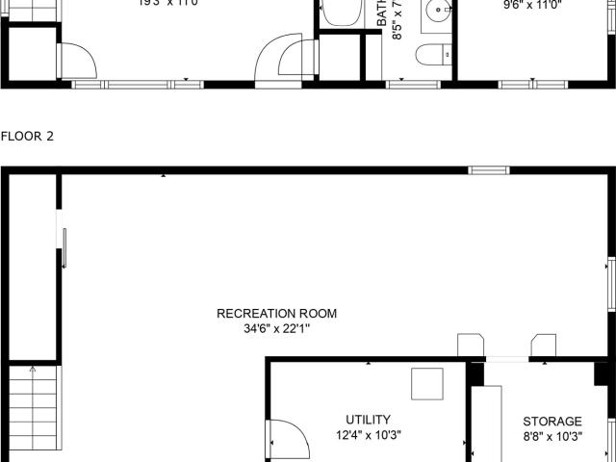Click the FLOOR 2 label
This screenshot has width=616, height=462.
27,137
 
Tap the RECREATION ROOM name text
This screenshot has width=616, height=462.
277,314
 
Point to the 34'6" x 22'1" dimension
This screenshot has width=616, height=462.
277,328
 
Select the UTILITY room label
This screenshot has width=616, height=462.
368,420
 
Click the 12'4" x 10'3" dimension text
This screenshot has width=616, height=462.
368,435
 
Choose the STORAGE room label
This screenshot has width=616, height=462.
552,422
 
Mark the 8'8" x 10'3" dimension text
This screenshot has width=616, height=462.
552,436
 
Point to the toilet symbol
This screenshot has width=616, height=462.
429,55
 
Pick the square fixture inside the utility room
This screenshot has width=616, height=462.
426,383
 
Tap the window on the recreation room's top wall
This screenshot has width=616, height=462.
489,171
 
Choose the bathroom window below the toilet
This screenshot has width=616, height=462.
413,84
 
